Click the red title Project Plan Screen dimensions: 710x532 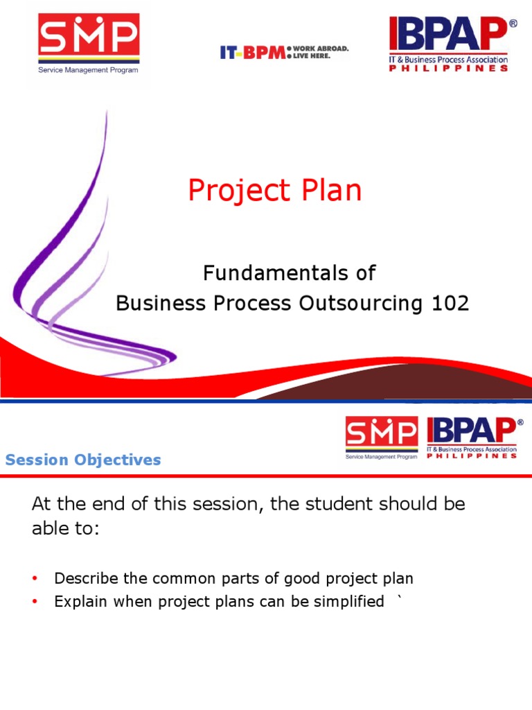274,191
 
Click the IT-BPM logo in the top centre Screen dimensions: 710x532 253,52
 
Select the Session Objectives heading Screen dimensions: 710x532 83,460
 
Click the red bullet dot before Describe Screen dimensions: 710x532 35,579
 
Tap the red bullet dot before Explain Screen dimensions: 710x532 35,603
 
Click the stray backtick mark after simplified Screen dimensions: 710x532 398,599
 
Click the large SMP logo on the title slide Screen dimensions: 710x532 88,39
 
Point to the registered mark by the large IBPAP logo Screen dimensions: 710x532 513,23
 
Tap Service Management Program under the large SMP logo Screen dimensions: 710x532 88,70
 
